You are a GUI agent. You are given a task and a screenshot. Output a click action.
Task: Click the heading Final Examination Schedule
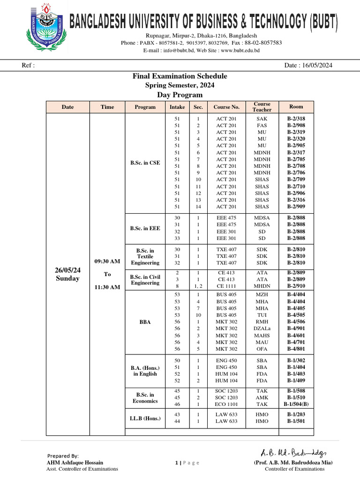[180, 76]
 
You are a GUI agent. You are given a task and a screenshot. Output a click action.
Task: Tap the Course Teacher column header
[262, 107]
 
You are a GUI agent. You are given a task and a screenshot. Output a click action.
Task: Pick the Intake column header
[177, 107]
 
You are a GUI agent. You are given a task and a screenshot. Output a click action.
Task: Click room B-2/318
[296, 119]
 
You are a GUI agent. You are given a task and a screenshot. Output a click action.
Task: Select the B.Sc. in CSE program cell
[145, 163]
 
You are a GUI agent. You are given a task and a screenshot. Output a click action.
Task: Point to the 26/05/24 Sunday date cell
[67, 274]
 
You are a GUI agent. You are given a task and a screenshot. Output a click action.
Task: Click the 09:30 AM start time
[107, 261]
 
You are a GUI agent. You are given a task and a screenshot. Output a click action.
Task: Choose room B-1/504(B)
[296, 404]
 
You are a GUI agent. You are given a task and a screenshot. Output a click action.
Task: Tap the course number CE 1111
[226, 285]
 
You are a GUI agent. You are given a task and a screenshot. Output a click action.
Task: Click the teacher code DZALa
[262, 329]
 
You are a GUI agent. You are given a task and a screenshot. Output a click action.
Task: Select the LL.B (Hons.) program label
[145, 418]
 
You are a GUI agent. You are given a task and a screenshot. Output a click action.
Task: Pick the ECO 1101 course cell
[226, 404]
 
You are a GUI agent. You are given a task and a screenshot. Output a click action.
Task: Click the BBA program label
[145, 322]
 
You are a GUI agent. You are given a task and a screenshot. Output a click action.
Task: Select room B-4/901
[296, 329]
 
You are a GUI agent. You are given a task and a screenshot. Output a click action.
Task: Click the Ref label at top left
[28, 65]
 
